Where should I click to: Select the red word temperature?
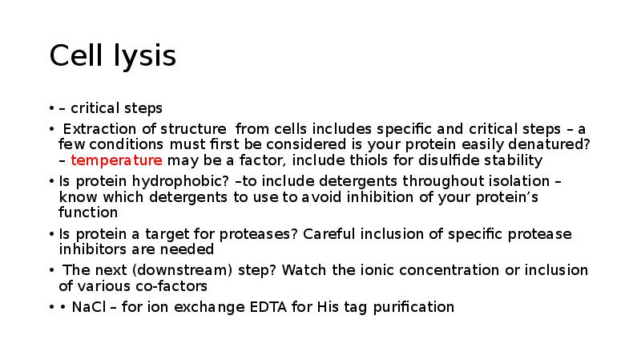click(117, 160)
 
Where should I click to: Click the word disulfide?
click(435, 160)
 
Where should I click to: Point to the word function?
click(88, 212)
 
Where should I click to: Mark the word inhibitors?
click(92, 249)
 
